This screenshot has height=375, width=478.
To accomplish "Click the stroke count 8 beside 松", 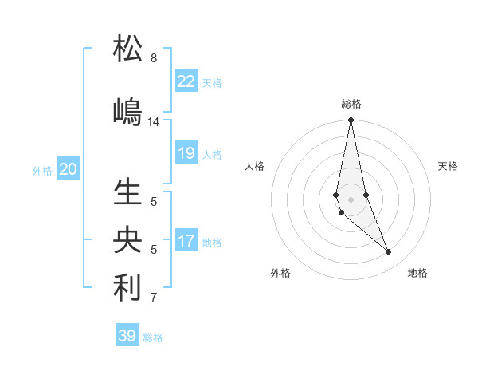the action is point(153,58).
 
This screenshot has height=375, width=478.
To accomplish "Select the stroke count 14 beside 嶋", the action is point(154,122).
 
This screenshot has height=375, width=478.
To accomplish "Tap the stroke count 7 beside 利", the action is point(153,298).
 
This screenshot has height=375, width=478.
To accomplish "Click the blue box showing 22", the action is point(186,81).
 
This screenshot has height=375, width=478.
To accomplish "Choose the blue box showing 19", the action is point(186,153).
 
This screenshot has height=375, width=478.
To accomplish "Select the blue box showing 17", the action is point(186,241).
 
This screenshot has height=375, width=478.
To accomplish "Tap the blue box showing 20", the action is point(69,169).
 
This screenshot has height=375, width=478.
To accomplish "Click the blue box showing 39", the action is point(127,336).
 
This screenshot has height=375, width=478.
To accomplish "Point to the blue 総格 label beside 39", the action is point(153,337).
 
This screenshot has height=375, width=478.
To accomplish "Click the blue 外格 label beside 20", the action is point(42,171).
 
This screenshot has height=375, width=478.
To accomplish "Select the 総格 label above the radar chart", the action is point(351,104).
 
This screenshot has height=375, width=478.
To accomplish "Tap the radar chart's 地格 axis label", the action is point(417,273).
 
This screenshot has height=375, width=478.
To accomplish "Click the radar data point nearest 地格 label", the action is point(389,252).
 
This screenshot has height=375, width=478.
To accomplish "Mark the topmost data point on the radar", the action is point(351,120).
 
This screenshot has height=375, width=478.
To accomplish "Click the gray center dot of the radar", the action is point(351,199).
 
